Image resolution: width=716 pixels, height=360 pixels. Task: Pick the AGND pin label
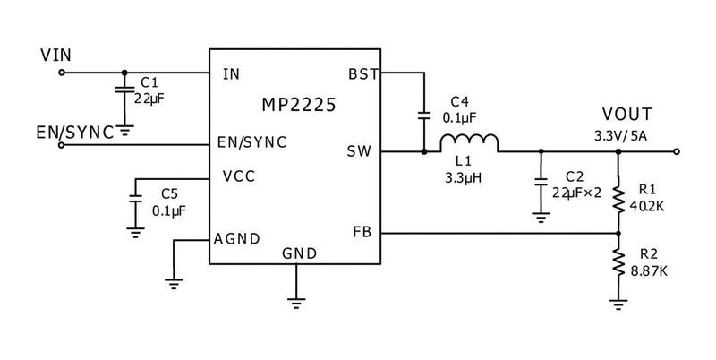tap(237, 239)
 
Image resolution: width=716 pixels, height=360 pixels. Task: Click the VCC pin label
tap(237, 176)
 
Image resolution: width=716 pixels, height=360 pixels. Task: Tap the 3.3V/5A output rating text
tap(622, 135)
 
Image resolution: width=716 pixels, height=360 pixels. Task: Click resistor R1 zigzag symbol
tap(618, 198)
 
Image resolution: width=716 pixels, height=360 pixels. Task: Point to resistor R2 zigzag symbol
tap(618, 261)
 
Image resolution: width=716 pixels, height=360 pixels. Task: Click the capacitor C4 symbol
tap(422, 115)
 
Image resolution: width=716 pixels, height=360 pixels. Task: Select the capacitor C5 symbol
tap(135, 201)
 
